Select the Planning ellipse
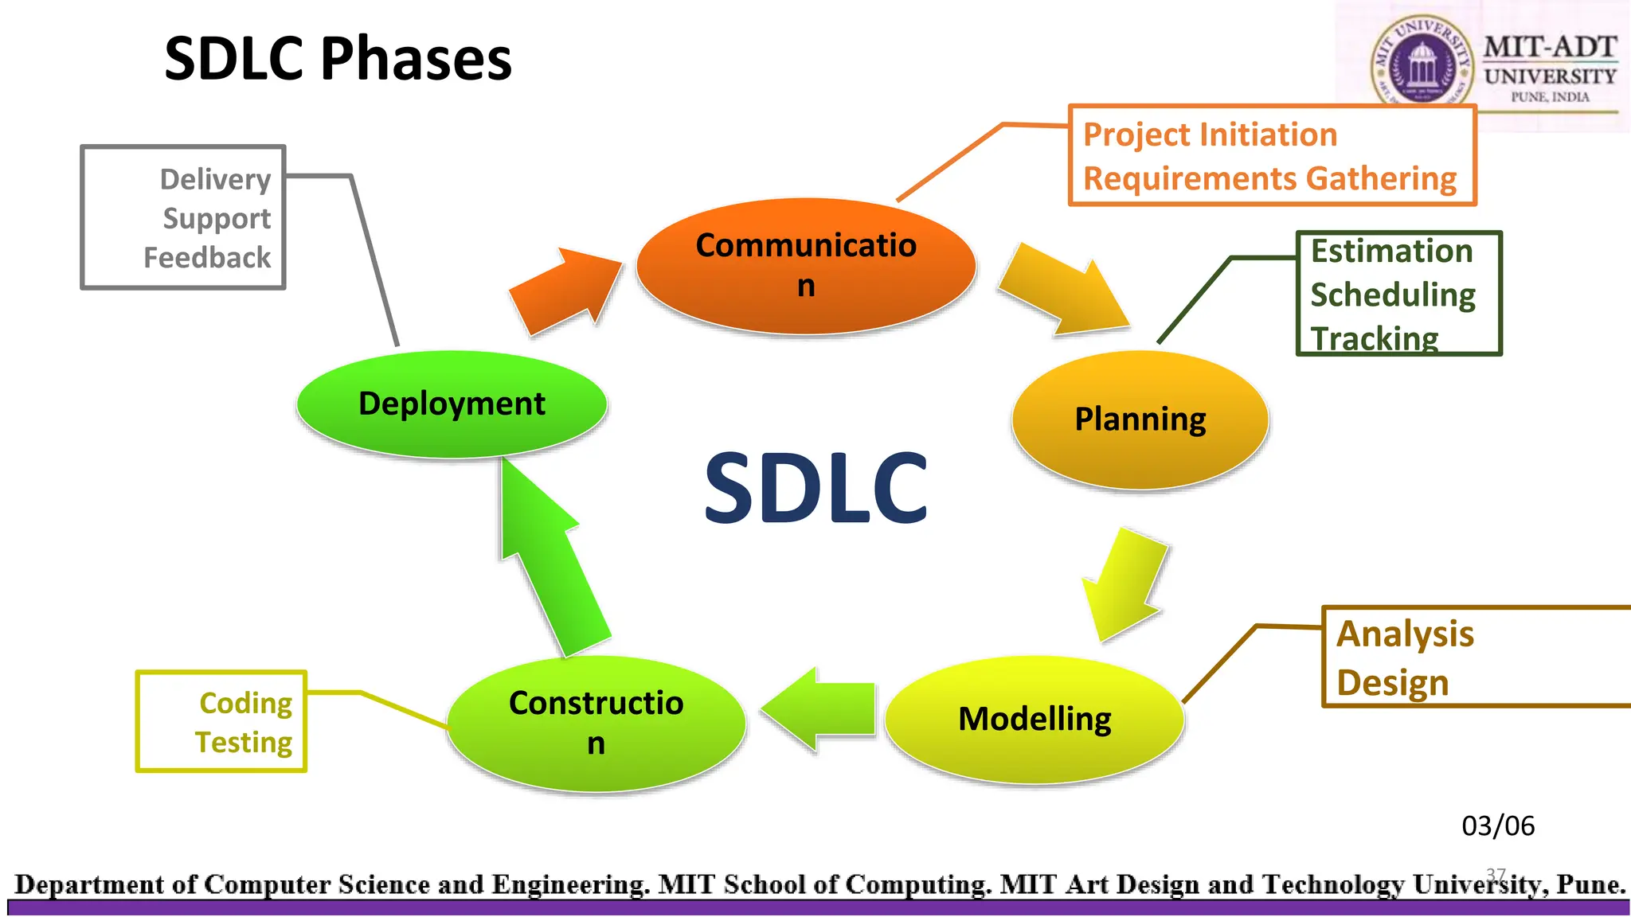click(1140, 419)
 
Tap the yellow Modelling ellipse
click(1034, 719)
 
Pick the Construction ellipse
click(596, 723)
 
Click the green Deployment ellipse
click(452, 404)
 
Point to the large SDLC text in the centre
click(816, 488)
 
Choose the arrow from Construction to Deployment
click(550, 557)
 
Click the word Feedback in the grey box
click(207, 258)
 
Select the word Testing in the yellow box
click(244, 742)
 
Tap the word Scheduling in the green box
click(1393, 295)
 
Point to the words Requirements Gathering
click(1269, 178)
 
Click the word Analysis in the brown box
click(1405, 634)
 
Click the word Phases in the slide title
click(416, 59)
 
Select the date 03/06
click(1497, 825)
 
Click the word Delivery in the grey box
click(215, 179)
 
